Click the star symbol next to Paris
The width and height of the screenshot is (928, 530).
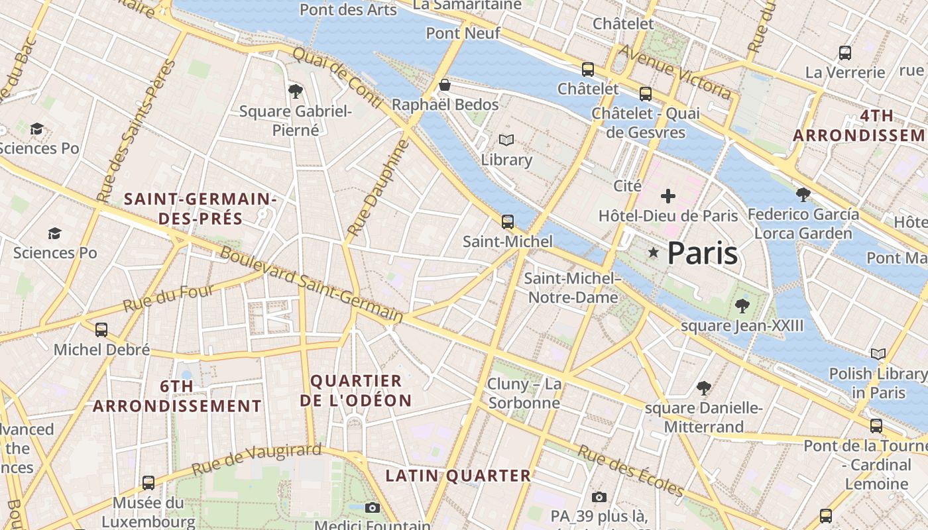[654, 252]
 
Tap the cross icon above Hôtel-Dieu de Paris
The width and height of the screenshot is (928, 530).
[668, 196]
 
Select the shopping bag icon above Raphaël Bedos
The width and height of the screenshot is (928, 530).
[445, 85]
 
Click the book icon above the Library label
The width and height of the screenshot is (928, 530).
[506, 140]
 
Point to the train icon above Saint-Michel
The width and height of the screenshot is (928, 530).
[508, 222]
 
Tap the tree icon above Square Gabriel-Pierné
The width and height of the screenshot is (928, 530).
[296, 91]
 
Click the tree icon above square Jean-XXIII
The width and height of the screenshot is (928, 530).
[742, 305]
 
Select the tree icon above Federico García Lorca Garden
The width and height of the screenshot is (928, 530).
[803, 194]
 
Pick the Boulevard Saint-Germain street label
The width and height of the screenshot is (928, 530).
[311, 285]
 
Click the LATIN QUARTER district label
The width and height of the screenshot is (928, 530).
[458, 476]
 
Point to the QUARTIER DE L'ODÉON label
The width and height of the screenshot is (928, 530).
[356, 390]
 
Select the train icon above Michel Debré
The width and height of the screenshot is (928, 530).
[101, 329]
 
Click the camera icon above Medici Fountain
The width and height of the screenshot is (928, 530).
[373, 507]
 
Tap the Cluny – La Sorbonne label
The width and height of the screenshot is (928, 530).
[524, 393]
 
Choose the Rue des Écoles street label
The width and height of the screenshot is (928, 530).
[630, 470]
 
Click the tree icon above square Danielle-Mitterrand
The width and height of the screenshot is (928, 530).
[703, 388]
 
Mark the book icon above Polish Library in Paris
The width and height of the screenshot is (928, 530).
[878, 354]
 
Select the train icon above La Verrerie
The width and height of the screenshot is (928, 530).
[845, 53]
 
